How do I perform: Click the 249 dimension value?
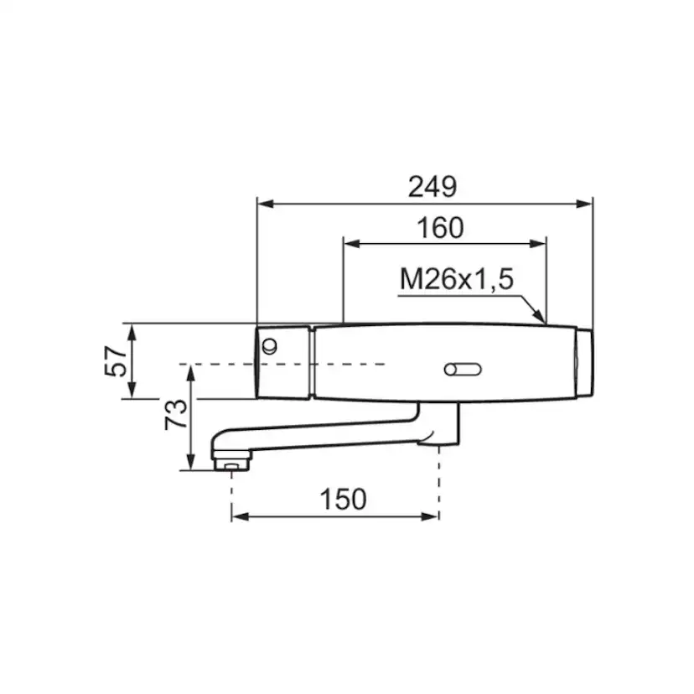click(432, 186)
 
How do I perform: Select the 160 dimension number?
click(440, 227)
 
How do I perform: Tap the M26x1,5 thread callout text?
click(457, 279)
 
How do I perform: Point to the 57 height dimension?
click(115, 361)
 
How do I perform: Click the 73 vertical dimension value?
click(176, 414)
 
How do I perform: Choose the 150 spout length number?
click(343, 500)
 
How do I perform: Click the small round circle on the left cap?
click(269, 345)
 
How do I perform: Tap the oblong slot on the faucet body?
click(463, 369)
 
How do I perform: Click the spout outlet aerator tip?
click(231, 464)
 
